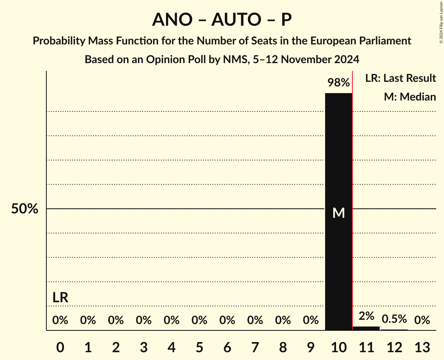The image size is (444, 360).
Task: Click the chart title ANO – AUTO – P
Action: [222, 19]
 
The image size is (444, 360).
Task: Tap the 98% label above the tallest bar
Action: [338, 83]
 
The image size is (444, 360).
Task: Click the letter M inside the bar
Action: [338, 213]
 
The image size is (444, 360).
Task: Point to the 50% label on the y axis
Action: [25, 209]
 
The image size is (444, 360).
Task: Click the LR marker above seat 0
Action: [60, 298]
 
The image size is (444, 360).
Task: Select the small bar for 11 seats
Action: [366, 328]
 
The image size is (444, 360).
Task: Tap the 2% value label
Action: [366, 316]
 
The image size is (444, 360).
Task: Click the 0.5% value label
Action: [394, 319]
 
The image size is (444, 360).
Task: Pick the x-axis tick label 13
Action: [422, 347]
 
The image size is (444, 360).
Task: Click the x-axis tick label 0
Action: [60, 347]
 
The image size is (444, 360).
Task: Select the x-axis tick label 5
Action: [199, 347]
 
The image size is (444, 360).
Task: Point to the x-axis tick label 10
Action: [338, 347]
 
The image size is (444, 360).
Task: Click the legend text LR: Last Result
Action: [400, 78]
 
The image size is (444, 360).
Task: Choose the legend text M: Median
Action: [410, 97]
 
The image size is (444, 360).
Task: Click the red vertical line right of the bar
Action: [352, 195]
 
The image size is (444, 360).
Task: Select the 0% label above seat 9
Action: [311, 320]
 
